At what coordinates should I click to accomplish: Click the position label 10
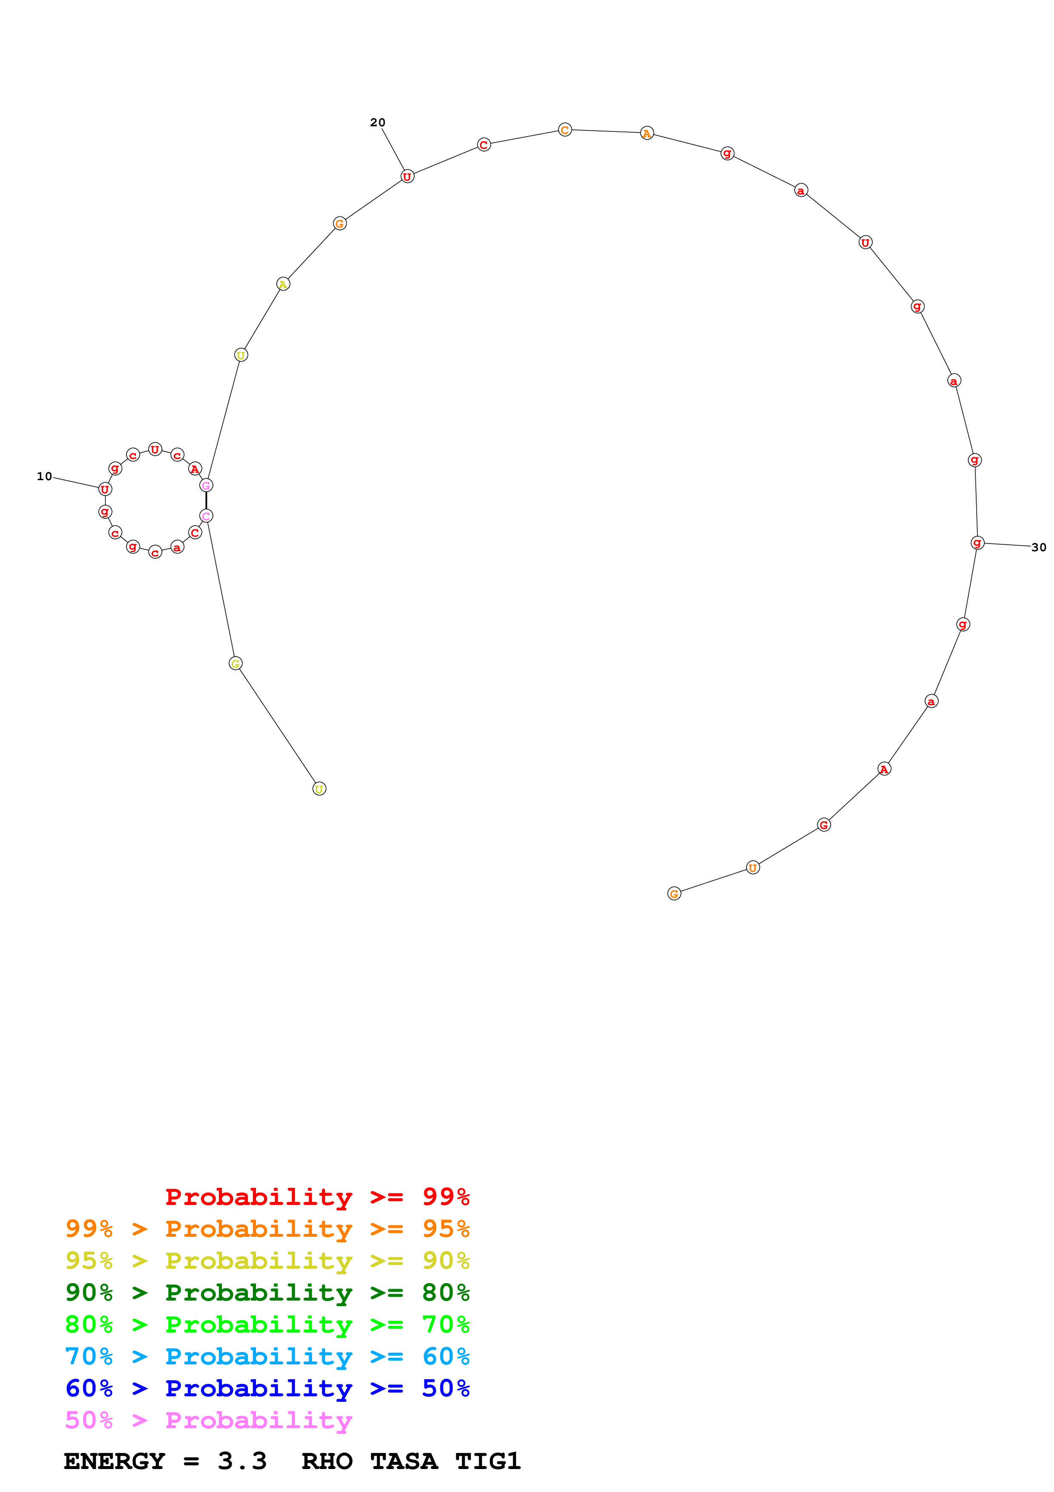pos(44,476)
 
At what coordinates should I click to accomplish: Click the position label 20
pos(377,122)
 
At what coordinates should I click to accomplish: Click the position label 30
pos(1038,547)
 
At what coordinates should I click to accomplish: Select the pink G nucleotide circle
pos(206,485)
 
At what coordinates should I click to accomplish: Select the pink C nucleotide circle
pos(206,516)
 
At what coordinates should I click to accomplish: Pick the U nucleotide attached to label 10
pos(105,489)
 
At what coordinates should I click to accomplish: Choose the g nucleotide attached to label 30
pos(977,543)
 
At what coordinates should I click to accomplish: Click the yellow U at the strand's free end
pos(319,789)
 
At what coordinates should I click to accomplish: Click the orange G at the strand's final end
pos(674,894)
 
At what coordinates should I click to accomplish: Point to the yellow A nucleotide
pos(283,284)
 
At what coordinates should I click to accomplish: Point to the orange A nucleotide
pos(647,133)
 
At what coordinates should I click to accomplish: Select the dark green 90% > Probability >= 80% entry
pos(267,1293)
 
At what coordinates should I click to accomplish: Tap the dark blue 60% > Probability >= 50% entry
pos(267,1388)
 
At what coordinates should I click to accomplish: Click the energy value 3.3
pos(242,1461)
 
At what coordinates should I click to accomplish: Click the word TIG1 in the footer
pos(488,1461)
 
